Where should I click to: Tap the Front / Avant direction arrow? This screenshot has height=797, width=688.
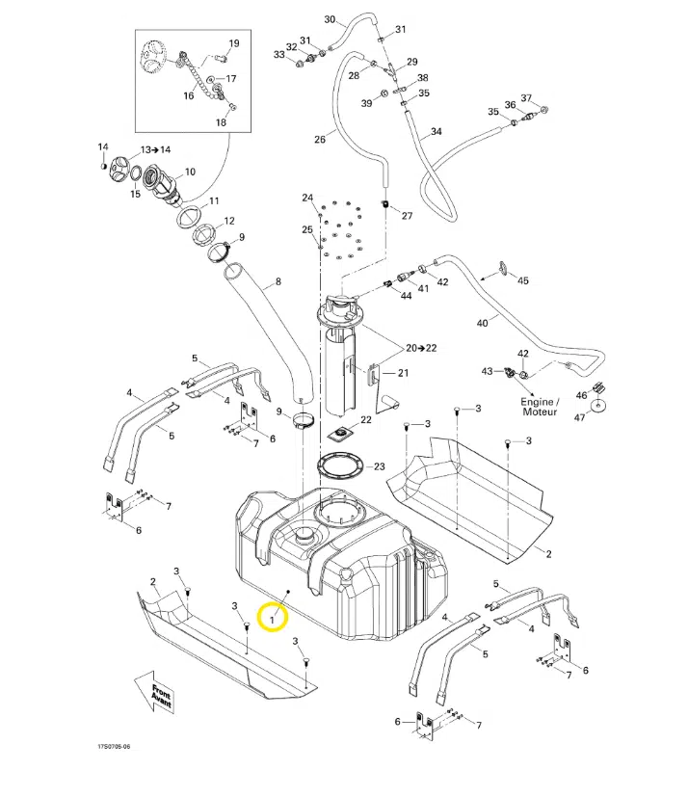(160, 694)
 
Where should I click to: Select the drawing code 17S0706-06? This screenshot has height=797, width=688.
(113, 746)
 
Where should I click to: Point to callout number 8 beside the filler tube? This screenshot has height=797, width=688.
(278, 282)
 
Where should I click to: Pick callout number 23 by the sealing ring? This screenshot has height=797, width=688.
(379, 466)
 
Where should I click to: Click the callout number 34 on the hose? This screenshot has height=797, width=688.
(436, 131)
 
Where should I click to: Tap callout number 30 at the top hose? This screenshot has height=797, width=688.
(330, 20)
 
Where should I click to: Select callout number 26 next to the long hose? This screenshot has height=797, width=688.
(319, 140)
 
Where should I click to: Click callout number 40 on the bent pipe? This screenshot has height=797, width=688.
(482, 324)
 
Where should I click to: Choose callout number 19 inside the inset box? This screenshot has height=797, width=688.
(233, 44)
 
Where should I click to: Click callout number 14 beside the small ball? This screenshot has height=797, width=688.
(103, 146)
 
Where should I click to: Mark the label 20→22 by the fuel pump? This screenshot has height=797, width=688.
(420, 347)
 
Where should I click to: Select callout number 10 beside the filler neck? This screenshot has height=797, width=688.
(189, 173)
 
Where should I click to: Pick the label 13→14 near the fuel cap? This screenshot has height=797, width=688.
(155, 150)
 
